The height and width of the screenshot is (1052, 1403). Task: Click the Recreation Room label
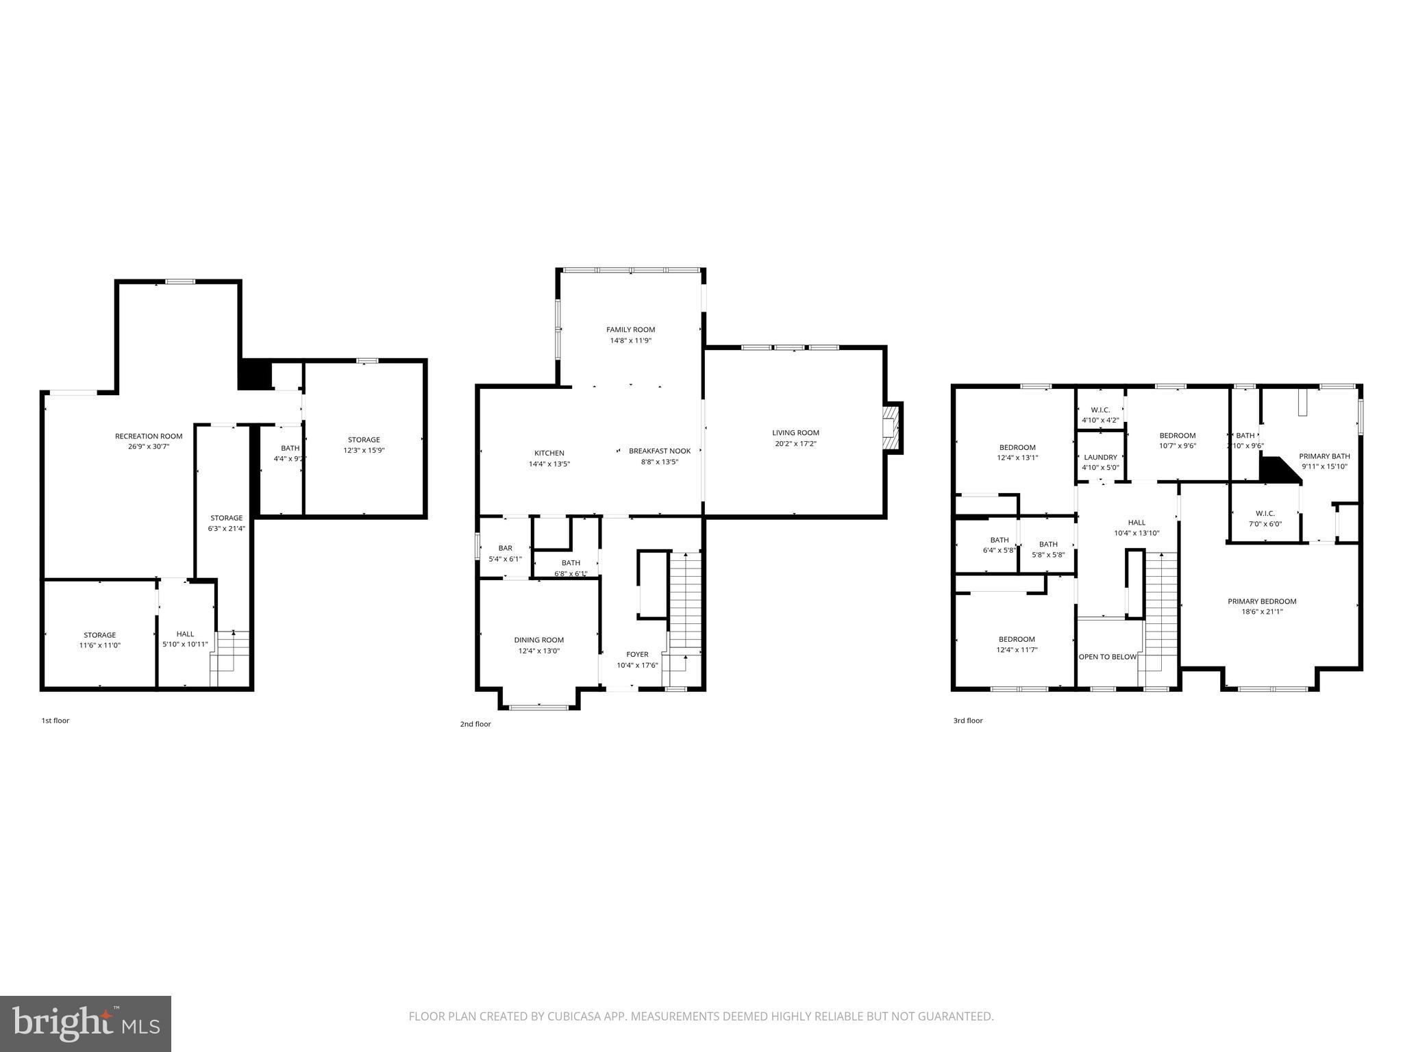coord(149,436)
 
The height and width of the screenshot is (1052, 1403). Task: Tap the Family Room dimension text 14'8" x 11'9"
coord(630,340)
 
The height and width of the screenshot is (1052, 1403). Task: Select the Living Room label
coord(795,433)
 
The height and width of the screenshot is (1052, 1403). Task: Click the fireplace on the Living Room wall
coord(892,428)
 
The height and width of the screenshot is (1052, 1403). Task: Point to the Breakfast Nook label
coord(660,451)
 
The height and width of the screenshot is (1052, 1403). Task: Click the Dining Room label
coord(538,640)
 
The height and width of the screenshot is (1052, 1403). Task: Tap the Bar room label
coord(505,548)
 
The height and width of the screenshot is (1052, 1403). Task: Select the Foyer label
coord(637,654)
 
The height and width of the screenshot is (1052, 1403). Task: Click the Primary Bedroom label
coord(1262,601)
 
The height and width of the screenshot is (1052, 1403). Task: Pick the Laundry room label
coord(1100,458)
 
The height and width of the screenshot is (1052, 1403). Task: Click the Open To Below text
coord(1108,657)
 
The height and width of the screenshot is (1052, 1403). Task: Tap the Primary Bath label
coord(1324,456)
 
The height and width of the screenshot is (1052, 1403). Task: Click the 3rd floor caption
coord(967,721)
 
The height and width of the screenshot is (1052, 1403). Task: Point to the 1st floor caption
coord(55,721)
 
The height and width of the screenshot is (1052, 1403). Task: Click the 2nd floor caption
coord(475,724)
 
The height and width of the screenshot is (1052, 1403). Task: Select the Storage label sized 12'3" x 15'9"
coord(364,440)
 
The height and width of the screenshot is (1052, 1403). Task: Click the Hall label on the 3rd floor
coord(1137,523)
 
